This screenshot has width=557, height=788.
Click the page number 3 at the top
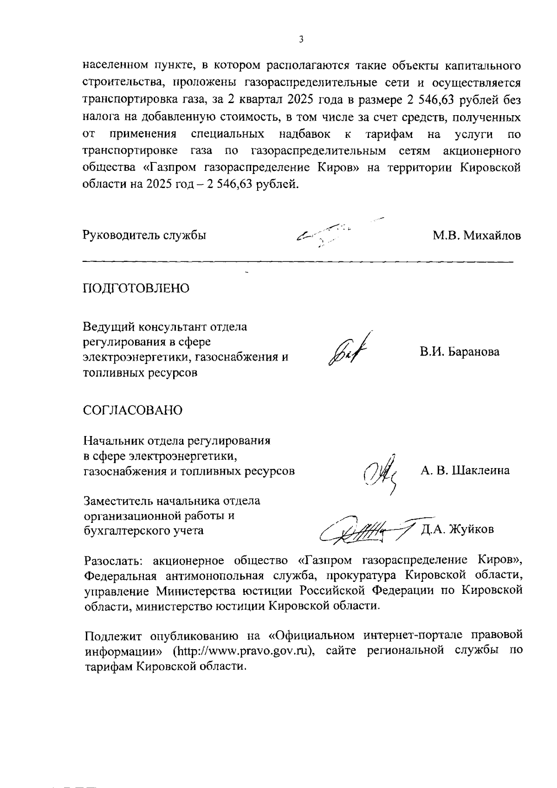point(301,40)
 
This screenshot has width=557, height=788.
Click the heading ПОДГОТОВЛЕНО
point(136,288)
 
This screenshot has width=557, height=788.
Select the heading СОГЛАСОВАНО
point(133,410)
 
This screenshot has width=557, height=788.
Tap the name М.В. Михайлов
point(477,236)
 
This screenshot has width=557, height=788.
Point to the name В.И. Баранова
point(460,352)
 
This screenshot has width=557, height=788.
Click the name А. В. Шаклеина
point(465,470)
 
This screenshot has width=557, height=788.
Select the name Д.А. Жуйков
point(457,529)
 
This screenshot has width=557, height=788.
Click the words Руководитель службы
point(144,235)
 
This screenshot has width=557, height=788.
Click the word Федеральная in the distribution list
point(124,576)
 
